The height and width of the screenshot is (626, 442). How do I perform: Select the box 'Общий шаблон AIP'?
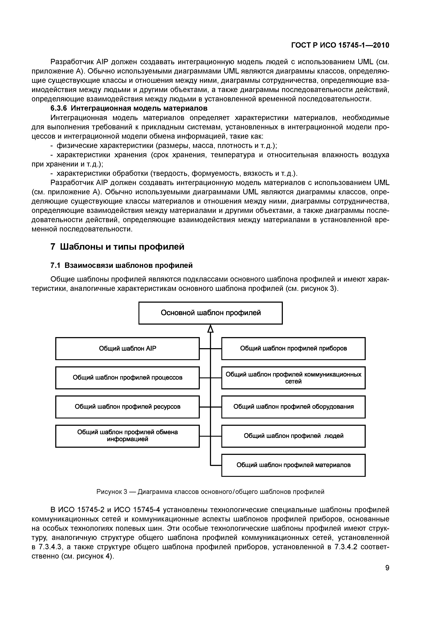coord(127,349)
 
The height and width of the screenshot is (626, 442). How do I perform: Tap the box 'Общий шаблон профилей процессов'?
coord(127,378)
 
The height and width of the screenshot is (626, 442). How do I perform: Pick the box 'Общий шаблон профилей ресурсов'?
coord(127,407)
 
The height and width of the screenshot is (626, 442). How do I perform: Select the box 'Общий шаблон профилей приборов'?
coord(293,349)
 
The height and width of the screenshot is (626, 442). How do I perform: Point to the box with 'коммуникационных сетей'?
coord(293,378)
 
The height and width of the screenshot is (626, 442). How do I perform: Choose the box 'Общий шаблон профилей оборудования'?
coord(293,407)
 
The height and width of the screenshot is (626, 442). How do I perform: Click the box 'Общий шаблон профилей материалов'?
coord(293,465)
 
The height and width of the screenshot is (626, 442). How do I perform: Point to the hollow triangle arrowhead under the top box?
coord(210,329)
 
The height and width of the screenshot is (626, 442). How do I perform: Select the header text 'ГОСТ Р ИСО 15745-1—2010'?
coord(340,45)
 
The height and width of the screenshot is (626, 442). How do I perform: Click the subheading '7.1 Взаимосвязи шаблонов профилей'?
coord(122,265)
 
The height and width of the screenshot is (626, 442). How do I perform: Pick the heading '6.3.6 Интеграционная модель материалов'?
coord(129,108)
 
